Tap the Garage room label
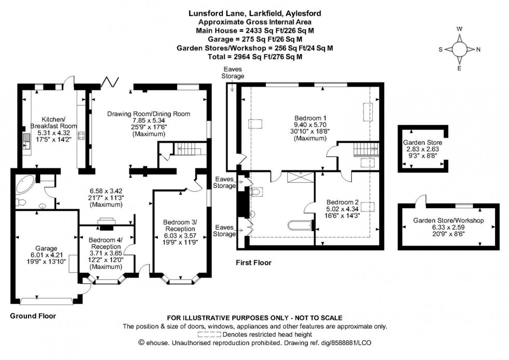[x=47, y=248]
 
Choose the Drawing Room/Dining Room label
[x=149, y=114]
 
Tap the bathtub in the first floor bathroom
[x=299, y=225]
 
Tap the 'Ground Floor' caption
[x=33, y=315]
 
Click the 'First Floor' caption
[x=253, y=263]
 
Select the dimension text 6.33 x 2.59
[x=448, y=227]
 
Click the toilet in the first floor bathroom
[x=254, y=192]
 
